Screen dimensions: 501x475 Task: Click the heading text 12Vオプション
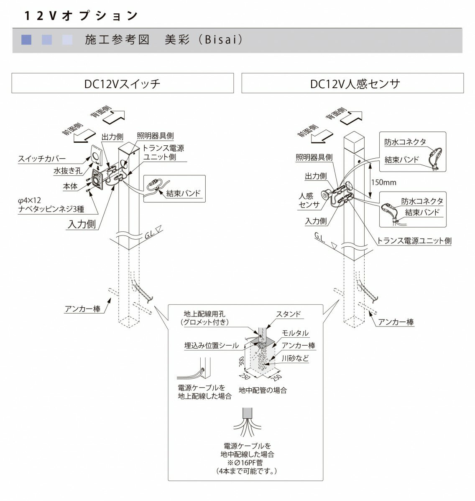81,16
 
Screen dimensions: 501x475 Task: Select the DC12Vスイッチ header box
122,83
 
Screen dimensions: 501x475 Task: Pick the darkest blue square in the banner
26,40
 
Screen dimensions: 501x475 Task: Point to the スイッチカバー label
42,159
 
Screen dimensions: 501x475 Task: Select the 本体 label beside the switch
70,186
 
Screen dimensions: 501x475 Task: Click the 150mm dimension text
384,182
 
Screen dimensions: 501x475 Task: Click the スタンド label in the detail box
289,314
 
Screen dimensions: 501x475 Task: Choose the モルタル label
295,333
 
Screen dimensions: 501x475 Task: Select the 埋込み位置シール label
212,345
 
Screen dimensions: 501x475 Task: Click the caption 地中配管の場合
263,391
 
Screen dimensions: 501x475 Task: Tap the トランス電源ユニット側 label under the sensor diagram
414,241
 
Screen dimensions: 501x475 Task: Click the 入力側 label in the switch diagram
82,224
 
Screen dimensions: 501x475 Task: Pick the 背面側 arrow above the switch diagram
112,116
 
